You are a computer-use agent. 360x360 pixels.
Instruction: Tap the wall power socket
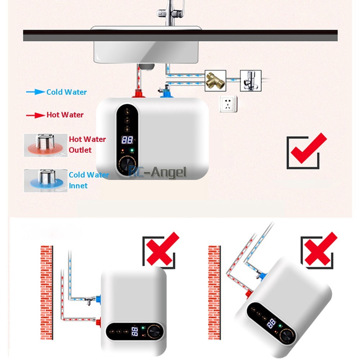[x=228, y=104]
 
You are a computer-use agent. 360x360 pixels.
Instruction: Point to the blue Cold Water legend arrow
[x=35, y=92]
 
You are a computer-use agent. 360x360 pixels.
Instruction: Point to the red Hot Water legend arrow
[x=35, y=115]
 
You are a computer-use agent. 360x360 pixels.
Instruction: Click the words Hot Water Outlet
[x=87, y=144]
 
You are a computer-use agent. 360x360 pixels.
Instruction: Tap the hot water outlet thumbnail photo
[x=45, y=145]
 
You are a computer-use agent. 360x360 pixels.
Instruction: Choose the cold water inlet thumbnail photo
[x=46, y=180]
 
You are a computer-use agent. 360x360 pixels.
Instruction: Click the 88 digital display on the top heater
[x=127, y=140]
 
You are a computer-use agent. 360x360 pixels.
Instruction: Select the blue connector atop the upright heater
[x=165, y=93]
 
